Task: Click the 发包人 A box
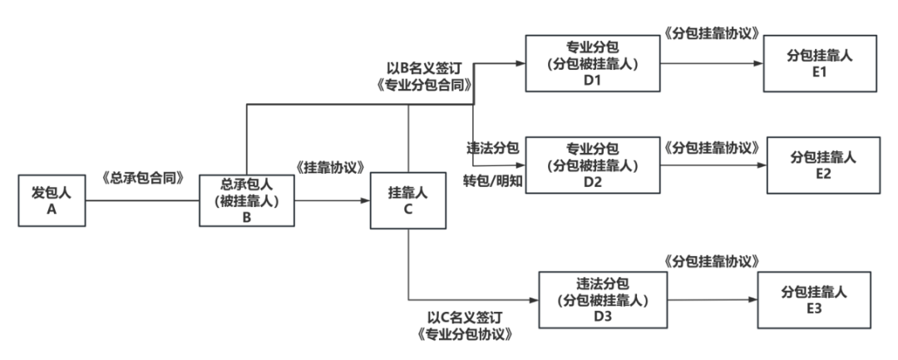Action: coord(52,200)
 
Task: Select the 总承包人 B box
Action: coord(247,200)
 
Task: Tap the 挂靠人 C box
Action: coord(407,200)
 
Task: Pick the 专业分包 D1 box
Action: coord(591,62)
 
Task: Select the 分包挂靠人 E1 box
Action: coord(819,64)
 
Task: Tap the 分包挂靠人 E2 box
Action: coord(822,165)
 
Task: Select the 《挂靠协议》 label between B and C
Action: coord(328,167)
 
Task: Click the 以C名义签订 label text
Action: coord(464,318)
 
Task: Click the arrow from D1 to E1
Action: coord(711,64)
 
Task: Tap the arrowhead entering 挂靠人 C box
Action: coord(367,200)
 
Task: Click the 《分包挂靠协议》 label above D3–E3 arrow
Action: coord(712,262)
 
